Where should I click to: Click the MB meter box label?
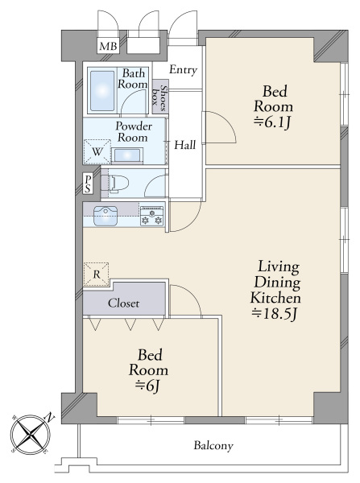[108, 46]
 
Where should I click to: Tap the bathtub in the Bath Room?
[102, 90]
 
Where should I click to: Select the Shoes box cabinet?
[160, 97]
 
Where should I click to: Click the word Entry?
[183, 70]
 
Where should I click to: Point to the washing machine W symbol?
[97, 151]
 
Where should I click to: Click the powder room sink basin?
[127, 155]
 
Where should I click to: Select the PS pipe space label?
[88, 184]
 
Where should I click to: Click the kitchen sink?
[106, 216]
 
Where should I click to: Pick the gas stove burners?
[151, 216]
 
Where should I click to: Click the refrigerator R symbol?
[97, 274]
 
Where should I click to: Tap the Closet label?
[123, 303]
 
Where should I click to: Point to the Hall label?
[185, 144]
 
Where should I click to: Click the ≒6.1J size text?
[272, 122]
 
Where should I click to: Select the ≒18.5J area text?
[275, 314]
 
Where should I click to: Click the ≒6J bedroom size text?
[148, 386]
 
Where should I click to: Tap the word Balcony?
[213, 445]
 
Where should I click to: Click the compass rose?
[31, 434]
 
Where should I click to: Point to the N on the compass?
[50, 417]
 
